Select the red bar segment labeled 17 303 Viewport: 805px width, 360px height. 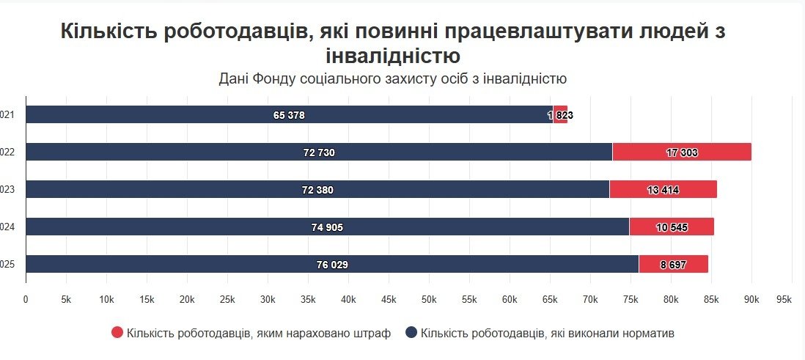point(682,153)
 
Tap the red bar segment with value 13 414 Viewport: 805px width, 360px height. point(664,190)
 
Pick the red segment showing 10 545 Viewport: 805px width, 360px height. point(672,227)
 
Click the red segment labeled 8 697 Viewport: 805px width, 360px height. point(673,265)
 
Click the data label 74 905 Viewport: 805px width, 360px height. point(327,227)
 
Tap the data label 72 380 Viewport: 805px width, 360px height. point(317,190)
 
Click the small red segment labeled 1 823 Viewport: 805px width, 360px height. point(561,115)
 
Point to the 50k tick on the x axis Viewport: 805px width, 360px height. point(429,300)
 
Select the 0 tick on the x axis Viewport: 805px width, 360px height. point(26,300)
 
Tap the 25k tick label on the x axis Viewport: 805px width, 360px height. point(227,300)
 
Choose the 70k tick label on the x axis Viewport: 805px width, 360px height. point(590,300)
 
